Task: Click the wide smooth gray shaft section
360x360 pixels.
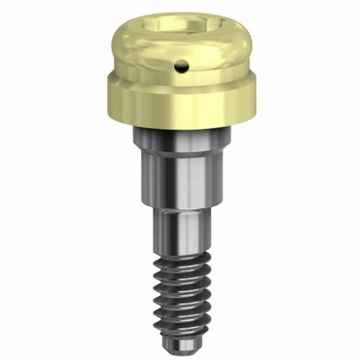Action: tap(180, 174)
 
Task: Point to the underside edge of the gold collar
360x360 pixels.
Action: tap(180, 122)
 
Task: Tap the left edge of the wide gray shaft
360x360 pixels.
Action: tap(144, 174)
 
